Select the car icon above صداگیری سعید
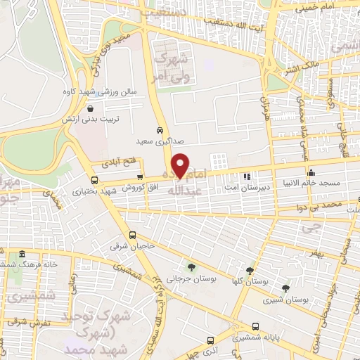pos(160,130)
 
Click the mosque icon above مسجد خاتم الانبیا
pos(310,172)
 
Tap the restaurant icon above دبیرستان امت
pos(245,176)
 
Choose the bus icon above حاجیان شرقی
pos(132,236)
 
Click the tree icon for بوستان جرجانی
pos(191,267)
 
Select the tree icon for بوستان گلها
pos(250,271)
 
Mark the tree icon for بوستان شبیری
pos(285,288)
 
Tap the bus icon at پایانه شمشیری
pos(255,326)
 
